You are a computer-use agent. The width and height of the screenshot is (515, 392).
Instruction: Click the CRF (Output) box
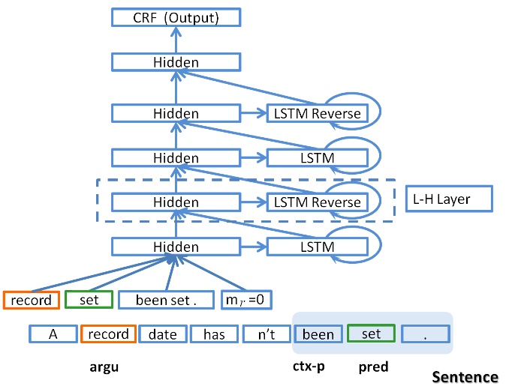(x=176, y=17)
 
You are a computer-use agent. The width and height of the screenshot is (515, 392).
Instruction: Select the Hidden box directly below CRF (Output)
(x=176, y=62)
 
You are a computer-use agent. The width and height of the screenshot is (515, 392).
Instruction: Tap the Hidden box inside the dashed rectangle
(x=176, y=202)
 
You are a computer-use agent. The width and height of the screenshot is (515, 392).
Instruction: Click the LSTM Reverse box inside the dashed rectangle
(x=317, y=202)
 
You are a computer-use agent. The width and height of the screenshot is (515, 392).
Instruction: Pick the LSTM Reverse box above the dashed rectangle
(x=317, y=114)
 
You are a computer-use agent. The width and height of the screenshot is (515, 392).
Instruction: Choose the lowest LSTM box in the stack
(x=317, y=247)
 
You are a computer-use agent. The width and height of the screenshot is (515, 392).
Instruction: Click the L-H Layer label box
(x=447, y=199)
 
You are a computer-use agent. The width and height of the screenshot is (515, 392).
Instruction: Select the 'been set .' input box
(x=166, y=301)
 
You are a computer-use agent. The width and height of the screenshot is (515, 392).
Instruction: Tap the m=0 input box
(x=246, y=301)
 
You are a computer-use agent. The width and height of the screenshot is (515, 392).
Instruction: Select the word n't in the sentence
(x=267, y=334)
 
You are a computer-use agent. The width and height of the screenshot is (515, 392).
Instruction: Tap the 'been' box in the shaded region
(x=318, y=334)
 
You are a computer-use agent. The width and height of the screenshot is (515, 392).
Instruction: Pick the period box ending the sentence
(x=425, y=334)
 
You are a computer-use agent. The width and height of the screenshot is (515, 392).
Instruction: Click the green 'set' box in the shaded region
(x=372, y=334)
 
